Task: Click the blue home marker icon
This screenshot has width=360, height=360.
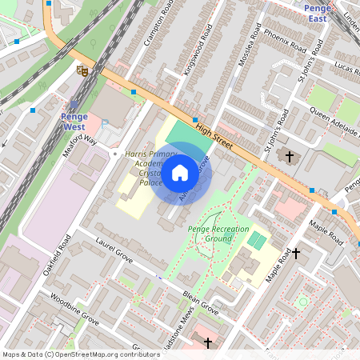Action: tap(180, 171)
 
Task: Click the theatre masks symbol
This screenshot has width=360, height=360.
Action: tap(81, 70)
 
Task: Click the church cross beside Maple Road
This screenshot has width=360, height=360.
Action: tap(295, 254)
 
